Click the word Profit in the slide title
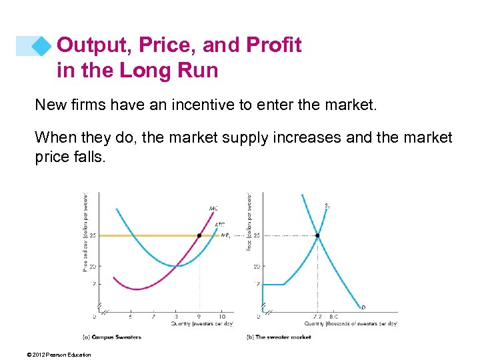pos(275,45)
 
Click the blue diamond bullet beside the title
pos(42,46)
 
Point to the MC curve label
pos(213,209)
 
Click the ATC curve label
pos(219,225)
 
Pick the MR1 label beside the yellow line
pos(225,235)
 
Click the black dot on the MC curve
pos(199,235)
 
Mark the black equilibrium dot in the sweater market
pos(317,235)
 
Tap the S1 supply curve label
pos(327,205)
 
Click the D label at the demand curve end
pos(363,307)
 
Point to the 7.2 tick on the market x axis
pos(317,317)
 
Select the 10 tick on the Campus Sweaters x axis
pos(221,317)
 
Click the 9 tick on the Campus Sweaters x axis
pos(199,317)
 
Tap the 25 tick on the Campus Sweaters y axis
pos(93,235)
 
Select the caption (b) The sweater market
pos(279,337)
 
